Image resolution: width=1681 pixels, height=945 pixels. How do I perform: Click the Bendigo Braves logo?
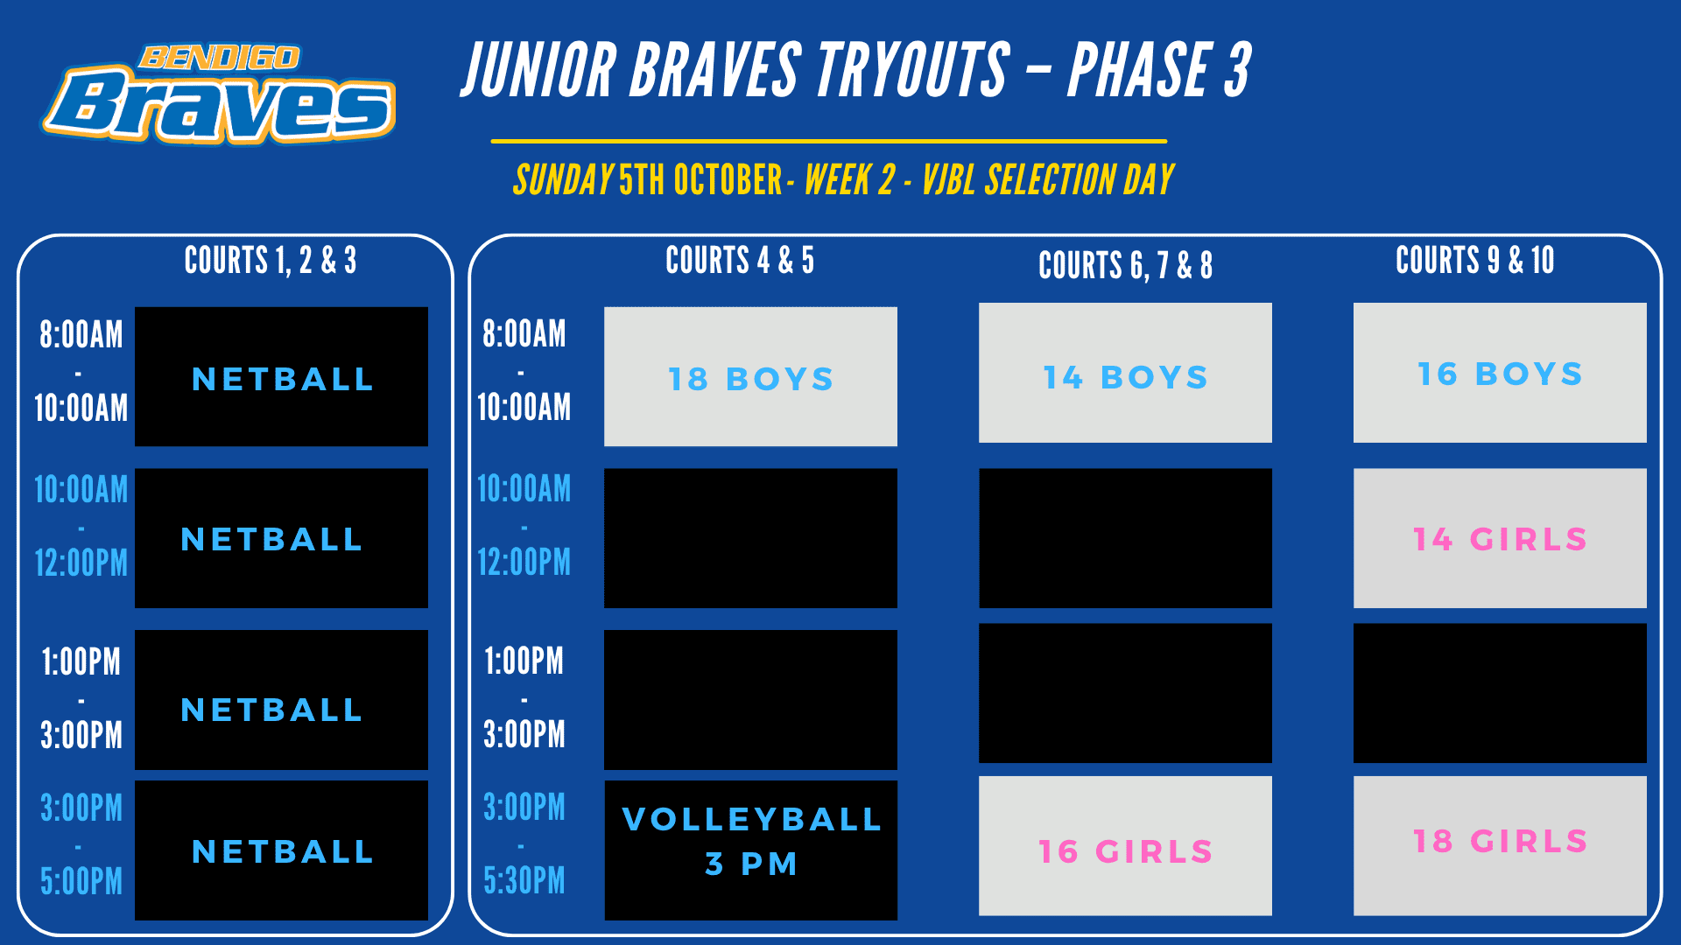click(x=219, y=94)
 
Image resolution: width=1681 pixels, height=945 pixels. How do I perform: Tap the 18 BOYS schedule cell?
click(x=750, y=376)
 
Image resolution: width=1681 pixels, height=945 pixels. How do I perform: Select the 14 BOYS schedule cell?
click(x=1125, y=373)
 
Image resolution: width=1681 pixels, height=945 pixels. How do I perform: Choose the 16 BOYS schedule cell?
click(x=1500, y=373)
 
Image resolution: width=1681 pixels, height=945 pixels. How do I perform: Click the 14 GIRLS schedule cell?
click(x=1500, y=538)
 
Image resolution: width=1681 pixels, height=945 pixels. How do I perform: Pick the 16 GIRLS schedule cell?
click(x=1125, y=846)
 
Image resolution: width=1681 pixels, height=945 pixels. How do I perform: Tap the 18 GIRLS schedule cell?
click(x=1500, y=846)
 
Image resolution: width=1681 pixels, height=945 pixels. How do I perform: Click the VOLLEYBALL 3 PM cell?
click(x=750, y=850)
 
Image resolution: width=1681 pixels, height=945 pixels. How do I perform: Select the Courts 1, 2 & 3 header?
click(x=271, y=260)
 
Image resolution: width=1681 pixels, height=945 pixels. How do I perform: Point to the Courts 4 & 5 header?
click(x=740, y=260)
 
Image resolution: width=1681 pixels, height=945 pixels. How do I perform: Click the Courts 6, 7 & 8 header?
click(x=1125, y=265)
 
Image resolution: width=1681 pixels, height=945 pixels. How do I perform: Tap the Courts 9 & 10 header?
click(x=1475, y=260)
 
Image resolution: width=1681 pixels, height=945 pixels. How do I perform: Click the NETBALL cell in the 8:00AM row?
click(x=281, y=376)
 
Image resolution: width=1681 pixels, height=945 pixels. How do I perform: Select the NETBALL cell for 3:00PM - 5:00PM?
click(x=281, y=850)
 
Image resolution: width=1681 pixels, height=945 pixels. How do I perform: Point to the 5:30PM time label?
click(x=524, y=880)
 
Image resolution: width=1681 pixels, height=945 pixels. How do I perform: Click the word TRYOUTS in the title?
click(x=912, y=70)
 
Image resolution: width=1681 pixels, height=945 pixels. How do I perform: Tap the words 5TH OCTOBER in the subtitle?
click(x=700, y=180)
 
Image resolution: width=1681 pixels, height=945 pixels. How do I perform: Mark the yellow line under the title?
click(x=829, y=141)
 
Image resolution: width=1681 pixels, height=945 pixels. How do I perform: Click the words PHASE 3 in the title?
click(x=1160, y=70)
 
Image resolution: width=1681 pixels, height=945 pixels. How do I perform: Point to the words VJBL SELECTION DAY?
click(x=1048, y=180)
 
